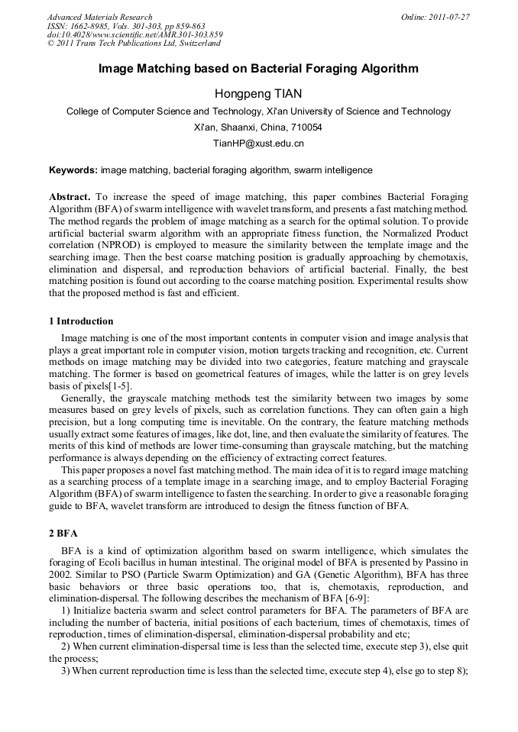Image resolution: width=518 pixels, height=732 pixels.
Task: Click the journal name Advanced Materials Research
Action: [99, 17]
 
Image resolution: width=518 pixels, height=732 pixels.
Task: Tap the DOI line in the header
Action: [134, 35]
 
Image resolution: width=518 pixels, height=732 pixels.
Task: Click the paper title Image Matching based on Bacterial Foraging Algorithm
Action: [258, 69]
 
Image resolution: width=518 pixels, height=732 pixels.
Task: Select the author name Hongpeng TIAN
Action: [258, 94]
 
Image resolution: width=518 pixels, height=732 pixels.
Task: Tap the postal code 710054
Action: [306, 127]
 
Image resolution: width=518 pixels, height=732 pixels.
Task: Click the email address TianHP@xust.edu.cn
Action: [258, 143]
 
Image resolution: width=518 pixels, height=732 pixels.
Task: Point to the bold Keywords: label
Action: [73, 169]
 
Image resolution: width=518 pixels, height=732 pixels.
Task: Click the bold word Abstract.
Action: [70, 197]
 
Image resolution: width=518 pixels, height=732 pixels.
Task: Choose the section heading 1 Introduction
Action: [81, 321]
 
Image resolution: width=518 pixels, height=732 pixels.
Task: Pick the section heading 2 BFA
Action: [63, 533]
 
